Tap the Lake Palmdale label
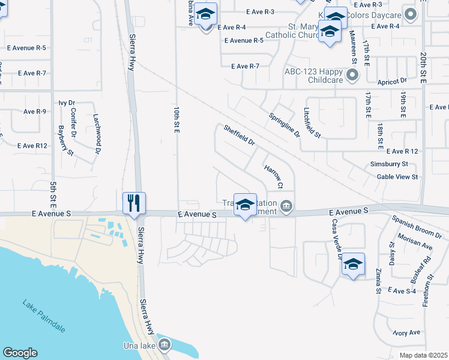[44, 316]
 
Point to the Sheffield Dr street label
[240, 136]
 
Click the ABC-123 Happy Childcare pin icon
[352, 75]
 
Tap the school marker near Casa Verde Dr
[353, 264]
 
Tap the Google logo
[20, 353]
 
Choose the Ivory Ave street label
[407, 332]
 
